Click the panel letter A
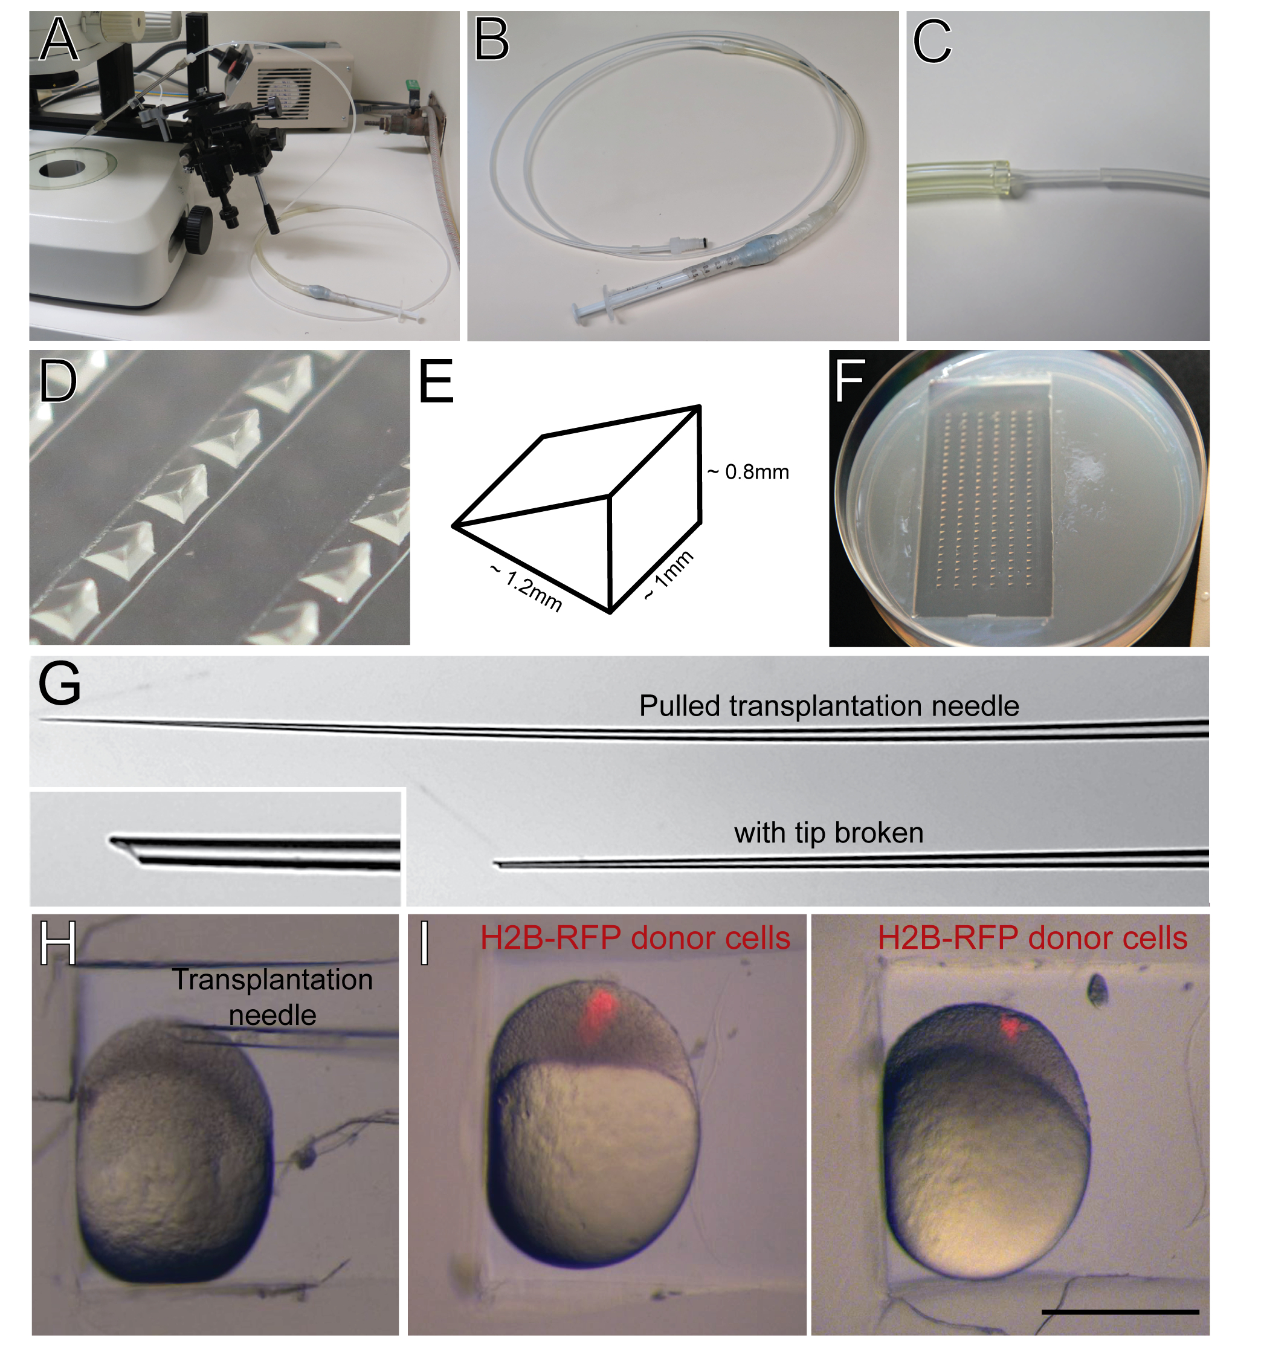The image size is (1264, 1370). (x=59, y=40)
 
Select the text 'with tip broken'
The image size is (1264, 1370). (x=829, y=833)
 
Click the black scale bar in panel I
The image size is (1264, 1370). (x=1120, y=1312)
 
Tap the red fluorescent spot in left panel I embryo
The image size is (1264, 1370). (x=597, y=1010)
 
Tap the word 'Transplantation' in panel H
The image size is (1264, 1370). (x=272, y=980)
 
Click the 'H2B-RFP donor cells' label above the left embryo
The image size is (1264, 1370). (x=636, y=938)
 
